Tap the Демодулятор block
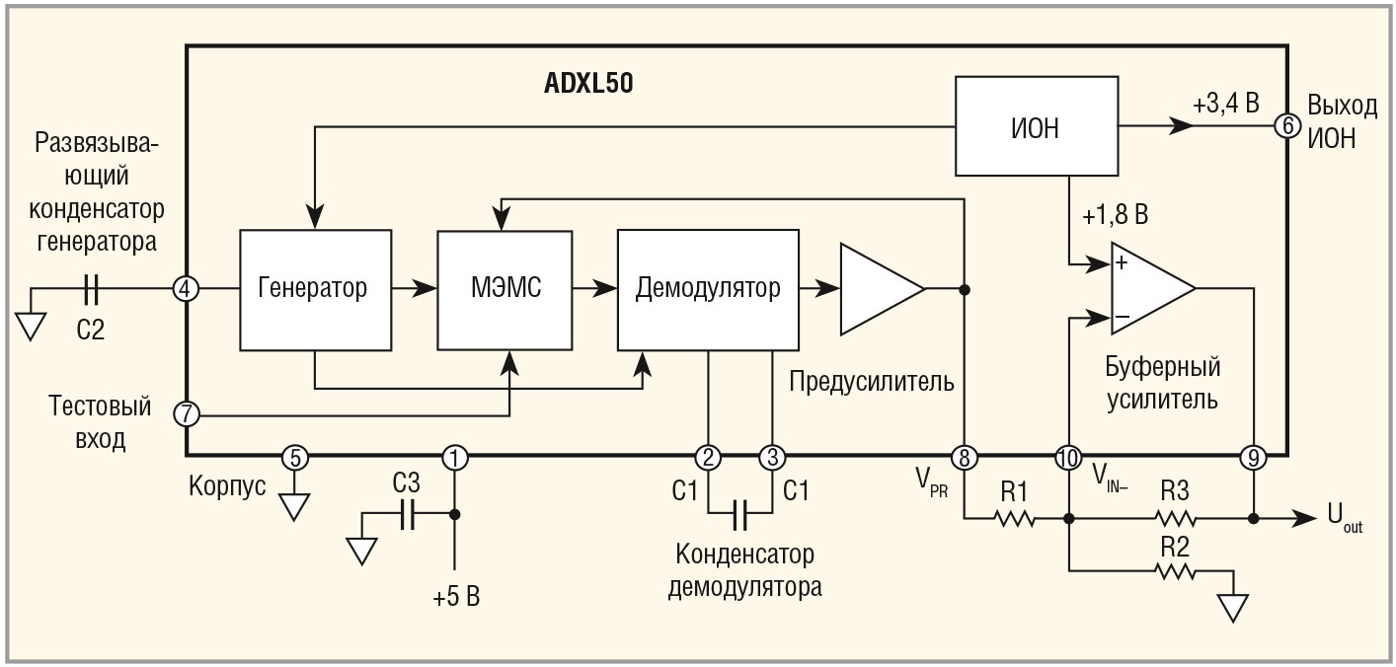708,289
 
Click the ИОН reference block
1036,127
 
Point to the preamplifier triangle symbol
879,289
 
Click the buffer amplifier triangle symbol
1151,289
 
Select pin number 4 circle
186,289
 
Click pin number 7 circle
186,412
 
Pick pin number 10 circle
1068,457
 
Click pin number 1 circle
455,457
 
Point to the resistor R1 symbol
1015,517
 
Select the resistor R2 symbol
1175,569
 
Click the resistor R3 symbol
1175,517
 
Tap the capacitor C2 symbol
91,289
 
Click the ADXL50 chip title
588,84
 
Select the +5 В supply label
456,597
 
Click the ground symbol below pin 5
294,505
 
